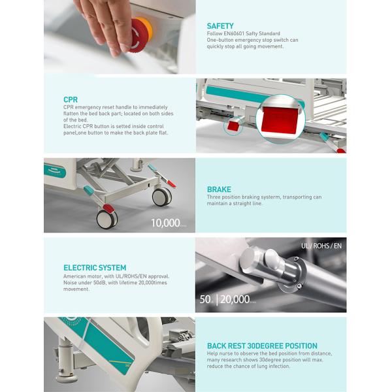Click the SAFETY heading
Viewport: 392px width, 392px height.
(x=220, y=26)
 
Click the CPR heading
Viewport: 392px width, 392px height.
(x=71, y=100)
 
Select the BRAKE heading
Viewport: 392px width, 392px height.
(x=219, y=189)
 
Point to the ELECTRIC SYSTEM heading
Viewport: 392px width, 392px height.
(x=95, y=267)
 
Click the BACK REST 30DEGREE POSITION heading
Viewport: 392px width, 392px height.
(x=262, y=346)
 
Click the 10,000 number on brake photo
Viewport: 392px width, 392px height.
(x=165, y=223)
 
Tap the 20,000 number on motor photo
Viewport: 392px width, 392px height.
(x=235, y=300)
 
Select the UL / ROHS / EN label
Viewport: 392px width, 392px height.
(x=320, y=245)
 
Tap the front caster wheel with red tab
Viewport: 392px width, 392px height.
(x=106, y=218)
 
